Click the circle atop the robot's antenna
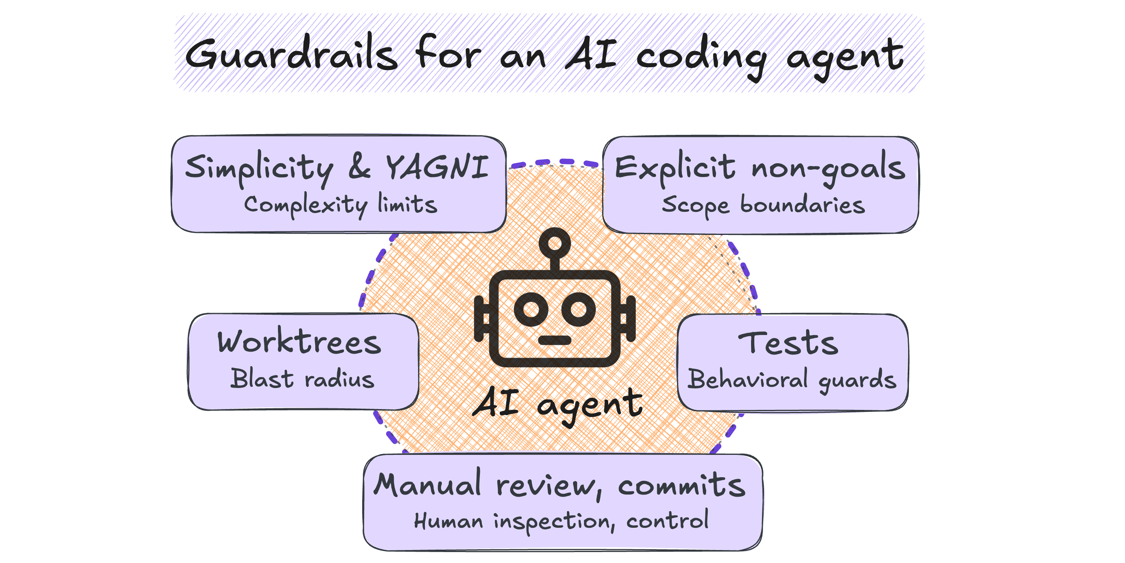pos(555,243)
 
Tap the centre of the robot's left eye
pos(531,309)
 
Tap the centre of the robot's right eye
pos(579,309)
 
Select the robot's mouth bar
pos(555,340)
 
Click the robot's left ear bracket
pos(482,319)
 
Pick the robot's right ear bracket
pos(628,319)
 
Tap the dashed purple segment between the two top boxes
pos(555,163)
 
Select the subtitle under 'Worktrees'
pos(302,379)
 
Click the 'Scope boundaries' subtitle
pos(763,206)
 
